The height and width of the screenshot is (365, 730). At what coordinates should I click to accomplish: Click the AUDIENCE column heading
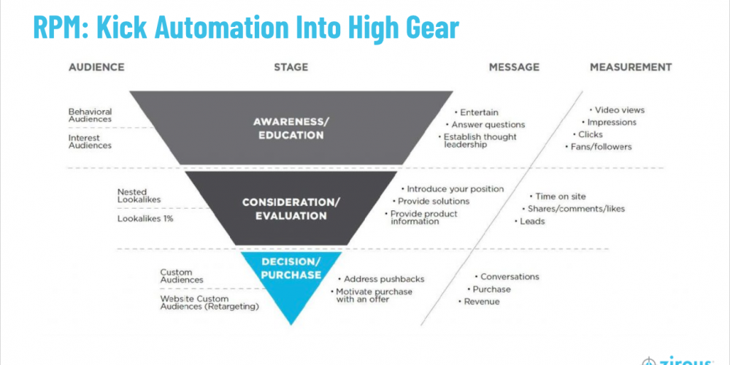coord(96,67)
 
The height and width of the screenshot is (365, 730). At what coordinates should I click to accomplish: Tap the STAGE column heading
coord(291,67)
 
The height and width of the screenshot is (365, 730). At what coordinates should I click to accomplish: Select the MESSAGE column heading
coord(514,67)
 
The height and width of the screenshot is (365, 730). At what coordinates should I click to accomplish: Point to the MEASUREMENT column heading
coord(630,67)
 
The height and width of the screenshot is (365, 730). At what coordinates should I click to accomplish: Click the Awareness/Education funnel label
coord(291,127)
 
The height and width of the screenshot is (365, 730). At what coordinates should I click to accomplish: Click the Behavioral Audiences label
coord(91,115)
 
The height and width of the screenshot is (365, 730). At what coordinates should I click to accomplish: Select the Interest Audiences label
coord(91,141)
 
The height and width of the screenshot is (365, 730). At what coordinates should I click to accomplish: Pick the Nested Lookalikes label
coord(139,196)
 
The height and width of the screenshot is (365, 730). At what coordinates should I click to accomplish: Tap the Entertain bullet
coord(478,112)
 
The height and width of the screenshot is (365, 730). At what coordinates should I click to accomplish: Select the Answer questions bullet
coord(488,125)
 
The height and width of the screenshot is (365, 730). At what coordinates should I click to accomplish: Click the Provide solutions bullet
coord(433,201)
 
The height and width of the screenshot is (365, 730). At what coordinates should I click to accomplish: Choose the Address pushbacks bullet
coord(383,279)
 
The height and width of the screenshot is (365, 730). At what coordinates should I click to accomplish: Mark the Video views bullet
coord(619,110)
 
